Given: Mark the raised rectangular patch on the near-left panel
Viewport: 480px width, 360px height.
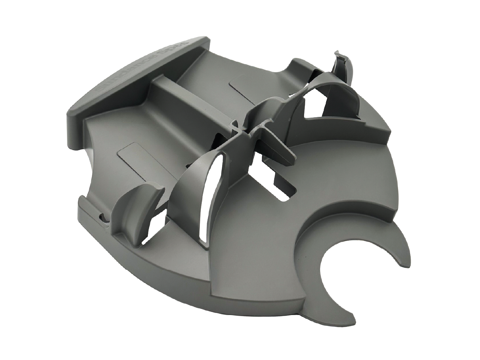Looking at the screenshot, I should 133,153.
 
